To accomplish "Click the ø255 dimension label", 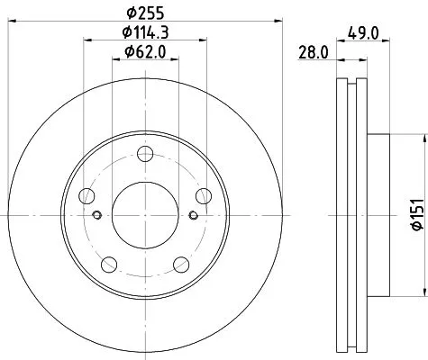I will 145,14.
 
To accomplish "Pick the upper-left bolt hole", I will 87,194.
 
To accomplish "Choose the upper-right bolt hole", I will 204,194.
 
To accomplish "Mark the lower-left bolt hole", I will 109,263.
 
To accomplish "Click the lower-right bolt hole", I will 181,263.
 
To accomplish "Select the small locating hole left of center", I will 96,214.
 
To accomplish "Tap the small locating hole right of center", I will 195,214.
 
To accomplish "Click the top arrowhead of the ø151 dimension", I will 422,137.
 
